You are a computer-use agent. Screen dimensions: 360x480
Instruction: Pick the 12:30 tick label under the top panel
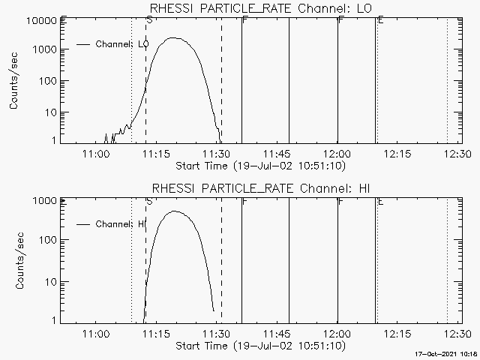(457, 154)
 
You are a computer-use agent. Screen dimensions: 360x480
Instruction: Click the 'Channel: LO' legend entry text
(123, 44)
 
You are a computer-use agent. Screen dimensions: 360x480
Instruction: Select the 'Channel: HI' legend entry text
(121, 224)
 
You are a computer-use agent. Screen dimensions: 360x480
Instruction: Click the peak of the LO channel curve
(174, 37)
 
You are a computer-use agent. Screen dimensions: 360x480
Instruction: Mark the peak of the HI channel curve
(175, 211)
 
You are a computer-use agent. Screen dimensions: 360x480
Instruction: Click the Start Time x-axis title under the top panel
(259, 165)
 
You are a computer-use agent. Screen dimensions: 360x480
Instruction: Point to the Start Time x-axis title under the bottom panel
(259, 346)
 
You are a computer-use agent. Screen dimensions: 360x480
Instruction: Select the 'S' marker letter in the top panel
(149, 20)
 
